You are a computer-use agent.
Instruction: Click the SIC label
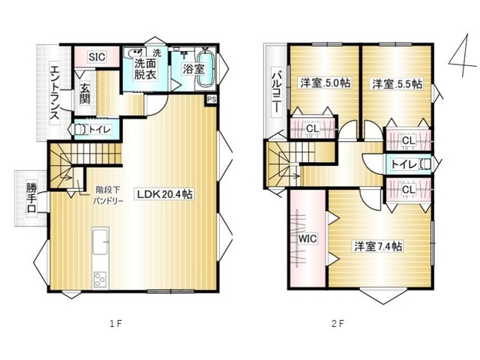[x=97, y=57]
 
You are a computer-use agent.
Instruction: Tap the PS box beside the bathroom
[x=211, y=100]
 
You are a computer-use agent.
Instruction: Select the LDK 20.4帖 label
[x=164, y=194]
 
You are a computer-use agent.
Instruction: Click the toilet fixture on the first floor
[x=81, y=130]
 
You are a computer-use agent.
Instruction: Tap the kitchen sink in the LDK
[x=100, y=241]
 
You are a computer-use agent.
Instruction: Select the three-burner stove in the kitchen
[x=100, y=279]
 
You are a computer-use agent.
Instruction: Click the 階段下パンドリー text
[x=108, y=195]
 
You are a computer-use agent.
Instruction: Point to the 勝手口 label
[x=31, y=198]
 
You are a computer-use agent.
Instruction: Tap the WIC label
[x=307, y=238]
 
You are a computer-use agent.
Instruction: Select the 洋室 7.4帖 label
[x=378, y=246]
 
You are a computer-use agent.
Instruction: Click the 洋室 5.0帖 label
[x=325, y=83]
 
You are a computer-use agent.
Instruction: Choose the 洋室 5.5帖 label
[x=397, y=84]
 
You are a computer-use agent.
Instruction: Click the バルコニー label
[x=277, y=93]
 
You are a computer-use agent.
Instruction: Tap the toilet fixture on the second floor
[x=425, y=164]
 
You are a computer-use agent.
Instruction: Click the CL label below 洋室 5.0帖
[x=313, y=128]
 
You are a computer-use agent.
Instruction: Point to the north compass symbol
[x=463, y=55]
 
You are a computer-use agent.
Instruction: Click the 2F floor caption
[x=337, y=323]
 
